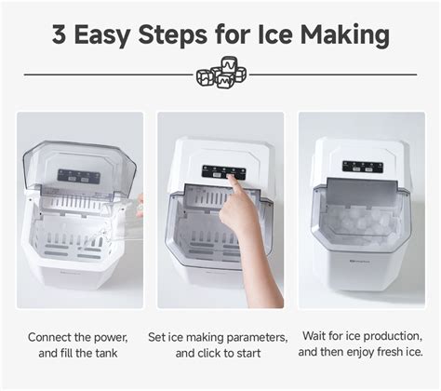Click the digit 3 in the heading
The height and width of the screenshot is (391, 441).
[x=60, y=36]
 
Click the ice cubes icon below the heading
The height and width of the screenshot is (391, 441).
[x=220, y=74]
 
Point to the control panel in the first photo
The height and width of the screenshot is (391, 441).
[x=78, y=176]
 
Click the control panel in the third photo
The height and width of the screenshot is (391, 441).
[x=363, y=167]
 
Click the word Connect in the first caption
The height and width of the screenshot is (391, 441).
[x=52, y=336]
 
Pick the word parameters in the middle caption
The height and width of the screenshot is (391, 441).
[x=253, y=336]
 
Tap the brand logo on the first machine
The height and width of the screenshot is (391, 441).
[x=45, y=273]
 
